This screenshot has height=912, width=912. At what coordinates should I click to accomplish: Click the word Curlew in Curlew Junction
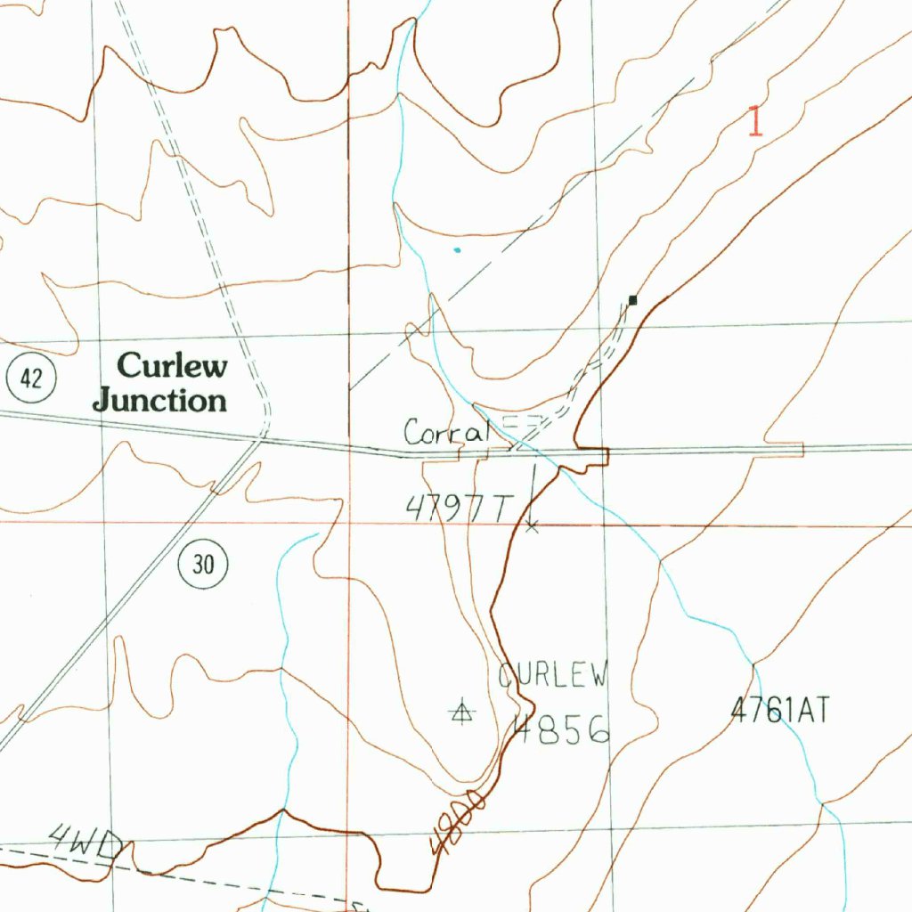pos(173,365)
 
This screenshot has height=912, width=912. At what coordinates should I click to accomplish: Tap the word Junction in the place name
pos(160,400)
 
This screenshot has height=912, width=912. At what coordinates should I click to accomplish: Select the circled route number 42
pos(31,379)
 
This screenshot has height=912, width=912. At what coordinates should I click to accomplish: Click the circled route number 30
pos(204,564)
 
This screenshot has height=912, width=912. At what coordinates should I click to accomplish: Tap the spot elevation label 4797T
pos(460,509)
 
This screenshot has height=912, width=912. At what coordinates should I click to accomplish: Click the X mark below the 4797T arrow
pos(533,527)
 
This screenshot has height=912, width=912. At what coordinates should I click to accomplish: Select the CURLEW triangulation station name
pos(553,675)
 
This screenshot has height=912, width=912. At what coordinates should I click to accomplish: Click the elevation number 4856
pos(561,729)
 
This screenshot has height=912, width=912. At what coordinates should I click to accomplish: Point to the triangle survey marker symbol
pos(461,711)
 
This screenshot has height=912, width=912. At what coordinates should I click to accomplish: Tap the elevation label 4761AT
pos(780,711)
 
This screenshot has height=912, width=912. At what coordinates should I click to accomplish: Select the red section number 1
pos(755,121)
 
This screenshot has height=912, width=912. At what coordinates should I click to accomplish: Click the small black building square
pos(633,300)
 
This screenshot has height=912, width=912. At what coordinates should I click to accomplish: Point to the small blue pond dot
pos(458,250)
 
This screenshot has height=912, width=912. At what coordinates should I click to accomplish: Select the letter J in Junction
pos(103,400)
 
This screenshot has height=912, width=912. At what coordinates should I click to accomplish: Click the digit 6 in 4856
pos(598,730)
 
